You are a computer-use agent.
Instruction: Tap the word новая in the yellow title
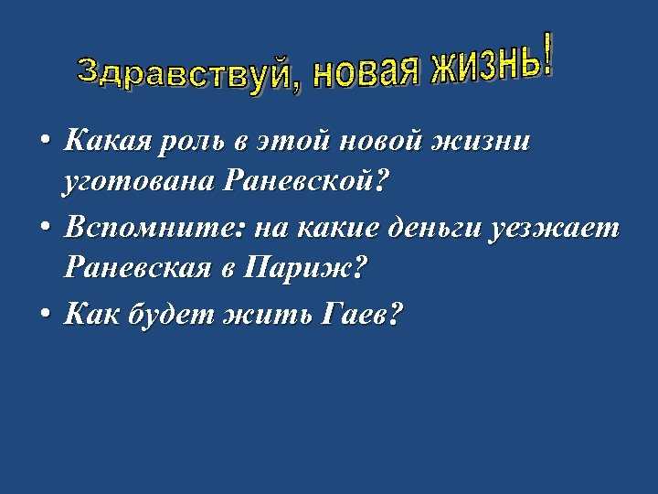tap(366, 71)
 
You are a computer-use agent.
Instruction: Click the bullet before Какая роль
tap(44, 142)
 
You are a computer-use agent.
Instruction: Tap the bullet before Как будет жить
tap(44, 315)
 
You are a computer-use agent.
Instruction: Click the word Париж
tap(314, 270)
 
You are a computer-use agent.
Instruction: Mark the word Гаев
tap(361, 315)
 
